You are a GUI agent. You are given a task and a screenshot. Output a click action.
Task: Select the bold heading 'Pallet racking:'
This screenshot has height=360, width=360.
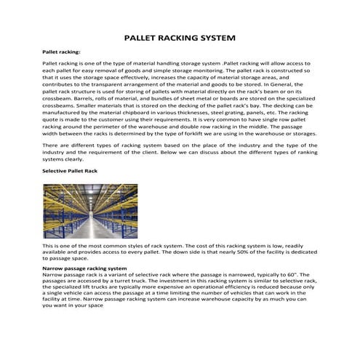[x=62, y=52]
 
